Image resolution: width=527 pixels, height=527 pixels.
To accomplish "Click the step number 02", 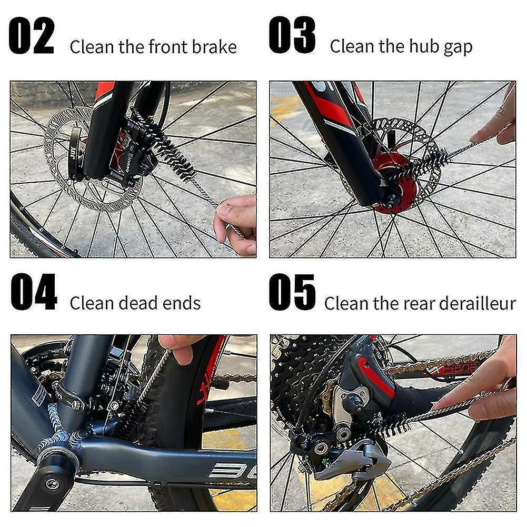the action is pos(31,35).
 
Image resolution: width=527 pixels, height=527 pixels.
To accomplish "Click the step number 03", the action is pos(292,35).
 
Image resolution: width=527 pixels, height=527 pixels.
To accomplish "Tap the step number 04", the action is pos(34,292).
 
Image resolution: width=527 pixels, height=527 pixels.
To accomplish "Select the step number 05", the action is pos(292,292).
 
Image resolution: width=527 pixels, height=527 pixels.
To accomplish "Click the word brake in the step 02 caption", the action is pos(214,46).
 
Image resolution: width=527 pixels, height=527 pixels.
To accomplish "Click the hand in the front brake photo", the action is pos(236,224).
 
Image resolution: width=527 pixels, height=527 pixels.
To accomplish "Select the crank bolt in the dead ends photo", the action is pos(53,484).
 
